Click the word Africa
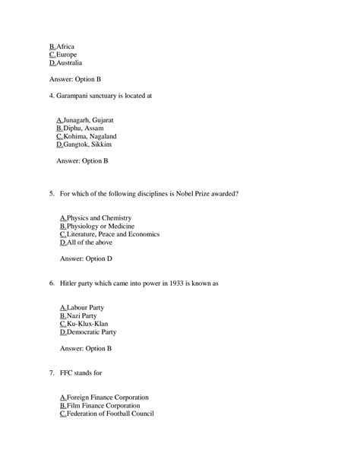pyautogui.click(x=66, y=46)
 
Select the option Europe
pyautogui.click(x=67, y=54)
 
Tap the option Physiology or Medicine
pyautogui.click(x=99, y=227)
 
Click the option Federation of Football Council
pyautogui.click(x=109, y=414)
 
